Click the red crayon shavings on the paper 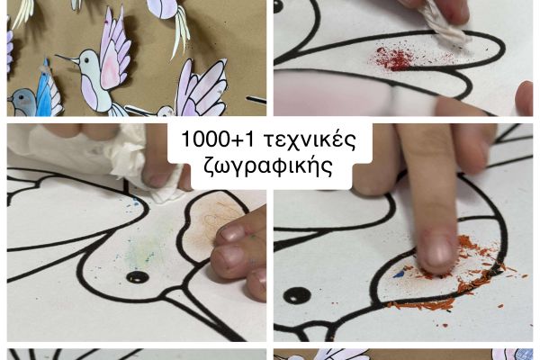pos(392,59)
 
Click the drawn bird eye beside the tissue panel pos(138,276)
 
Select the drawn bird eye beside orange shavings pos(297,295)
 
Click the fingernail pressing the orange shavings pos(437,250)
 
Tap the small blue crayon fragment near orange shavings pos(399,274)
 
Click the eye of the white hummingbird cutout pos(86,60)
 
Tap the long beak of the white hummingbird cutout pos(67,58)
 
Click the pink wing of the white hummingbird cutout pos(114,51)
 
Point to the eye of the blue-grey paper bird pos(22,97)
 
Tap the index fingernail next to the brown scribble pos(231,233)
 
